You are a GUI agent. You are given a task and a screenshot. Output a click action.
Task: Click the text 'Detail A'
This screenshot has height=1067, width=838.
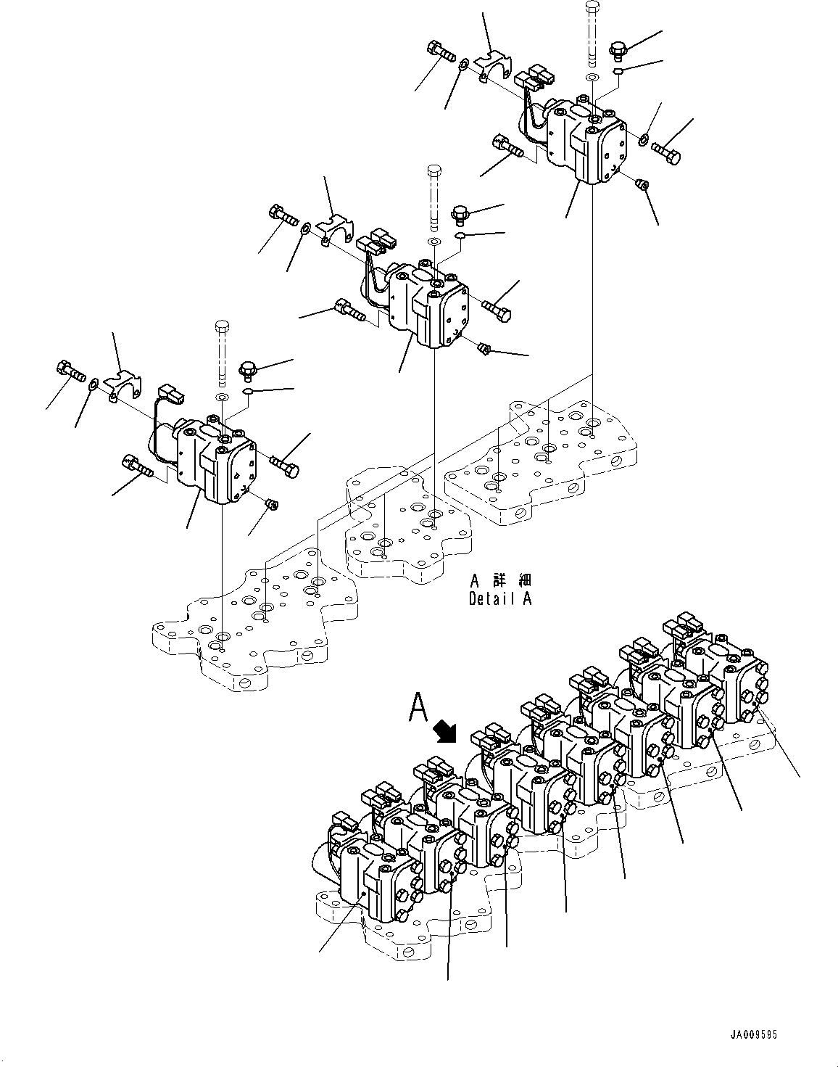click(x=500, y=599)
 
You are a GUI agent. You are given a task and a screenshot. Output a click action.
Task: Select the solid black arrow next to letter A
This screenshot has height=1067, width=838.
click(x=444, y=731)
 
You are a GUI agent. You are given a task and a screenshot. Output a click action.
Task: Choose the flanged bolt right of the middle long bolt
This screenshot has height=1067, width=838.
click(x=460, y=214)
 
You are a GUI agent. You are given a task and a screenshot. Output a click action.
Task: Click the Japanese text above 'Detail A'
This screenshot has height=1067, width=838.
click(x=500, y=581)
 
